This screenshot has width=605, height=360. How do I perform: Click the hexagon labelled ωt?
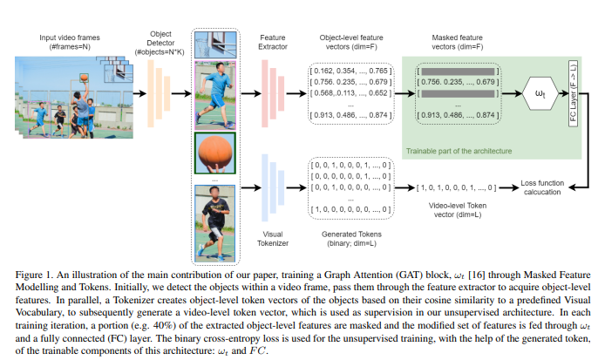(540, 92)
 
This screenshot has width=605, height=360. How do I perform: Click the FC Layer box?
(573, 92)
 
